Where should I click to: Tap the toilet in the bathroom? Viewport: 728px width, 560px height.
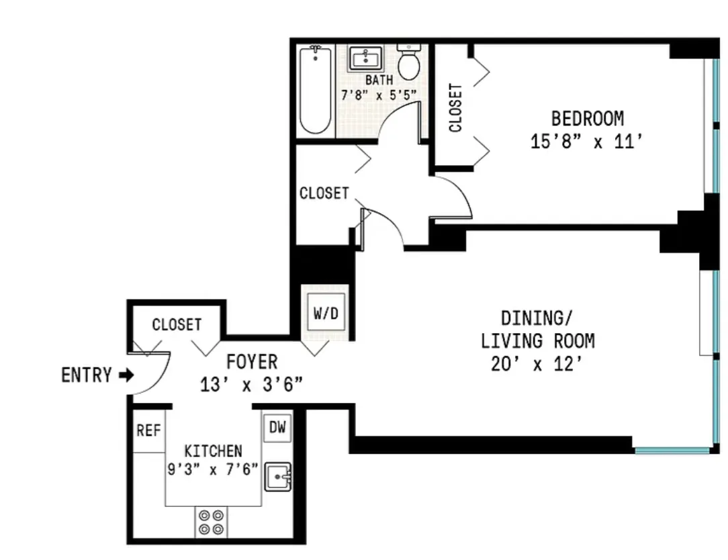tap(408, 63)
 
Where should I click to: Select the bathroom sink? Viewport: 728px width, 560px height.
tap(365, 58)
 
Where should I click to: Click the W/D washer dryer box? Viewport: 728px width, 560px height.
tap(326, 314)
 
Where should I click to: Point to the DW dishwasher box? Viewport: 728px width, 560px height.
tap(277, 428)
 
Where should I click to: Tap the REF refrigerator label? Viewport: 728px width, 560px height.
tap(148, 430)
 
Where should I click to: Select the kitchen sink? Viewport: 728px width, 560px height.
tap(277, 477)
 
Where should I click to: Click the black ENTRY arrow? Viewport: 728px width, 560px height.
tap(126, 375)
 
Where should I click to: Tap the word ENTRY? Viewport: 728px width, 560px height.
tap(87, 375)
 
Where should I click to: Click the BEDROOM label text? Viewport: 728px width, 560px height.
tap(587, 119)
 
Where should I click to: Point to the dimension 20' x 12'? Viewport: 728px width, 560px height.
tap(537, 365)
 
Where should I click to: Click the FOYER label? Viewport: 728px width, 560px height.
tap(252, 363)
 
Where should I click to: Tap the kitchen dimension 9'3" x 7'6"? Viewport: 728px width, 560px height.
tap(213, 469)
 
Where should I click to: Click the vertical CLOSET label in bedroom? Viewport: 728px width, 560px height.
tap(455, 107)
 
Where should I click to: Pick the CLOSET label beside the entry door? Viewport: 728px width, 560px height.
tap(177, 325)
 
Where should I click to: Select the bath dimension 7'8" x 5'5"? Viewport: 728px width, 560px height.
tap(379, 95)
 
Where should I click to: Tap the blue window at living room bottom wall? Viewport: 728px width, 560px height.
tap(672, 450)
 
